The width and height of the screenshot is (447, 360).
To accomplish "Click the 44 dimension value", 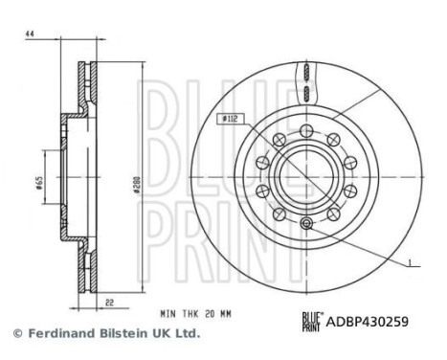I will [30, 35].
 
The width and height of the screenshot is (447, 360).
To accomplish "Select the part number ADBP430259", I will [369, 323].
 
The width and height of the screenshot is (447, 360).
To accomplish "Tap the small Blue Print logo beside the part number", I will [313, 323].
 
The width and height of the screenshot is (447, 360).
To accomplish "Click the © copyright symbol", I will [15, 334].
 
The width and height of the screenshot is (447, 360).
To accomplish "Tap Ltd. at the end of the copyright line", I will [190, 334].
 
